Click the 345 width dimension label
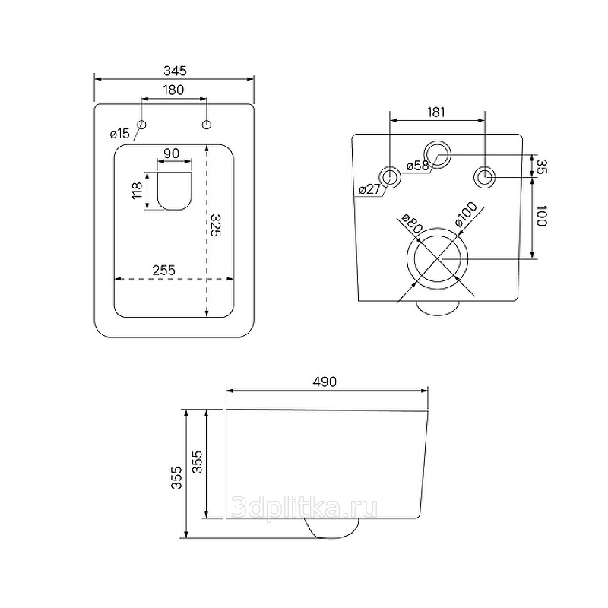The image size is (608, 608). [x=175, y=71]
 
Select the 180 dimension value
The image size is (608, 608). [x=173, y=90]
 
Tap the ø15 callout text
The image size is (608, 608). [x=119, y=135]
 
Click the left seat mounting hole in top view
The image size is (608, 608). [x=141, y=125]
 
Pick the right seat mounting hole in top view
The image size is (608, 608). [x=207, y=125]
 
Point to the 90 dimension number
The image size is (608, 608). [x=171, y=154]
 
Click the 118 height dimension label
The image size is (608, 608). [x=138, y=191]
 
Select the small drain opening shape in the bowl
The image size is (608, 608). [x=175, y=191]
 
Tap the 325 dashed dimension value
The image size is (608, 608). [x=215, y=225]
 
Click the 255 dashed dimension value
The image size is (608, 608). [x=163, y=270]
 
